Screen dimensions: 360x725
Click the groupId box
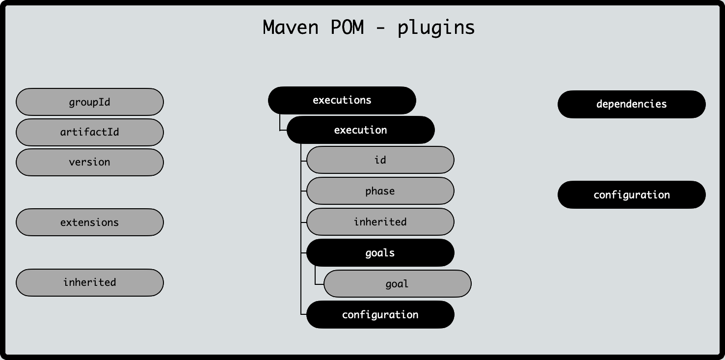(x=90, y=102)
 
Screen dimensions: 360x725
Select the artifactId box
(x=90, y=132)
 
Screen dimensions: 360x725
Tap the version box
(x=90, y=162)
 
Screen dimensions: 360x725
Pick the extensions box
(x=90, y=222)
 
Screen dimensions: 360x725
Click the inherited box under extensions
(x=90, y=282)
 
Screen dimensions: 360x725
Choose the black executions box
(x=342, y=100)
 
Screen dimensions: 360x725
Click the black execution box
(x=361, y=130)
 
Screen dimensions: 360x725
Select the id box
(x=380, y=160)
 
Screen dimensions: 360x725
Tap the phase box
(x=380, y=191)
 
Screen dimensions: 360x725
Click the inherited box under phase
(x=380, y=222)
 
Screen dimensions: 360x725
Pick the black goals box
(x=380, y=253)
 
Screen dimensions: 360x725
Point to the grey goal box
(x=398, y=284)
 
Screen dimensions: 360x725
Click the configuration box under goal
(x=380, y=315)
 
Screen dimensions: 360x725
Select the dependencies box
(x=632, y=104)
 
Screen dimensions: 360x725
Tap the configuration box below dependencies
(x=632, y=195)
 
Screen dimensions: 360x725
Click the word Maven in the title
(x=291, y=27)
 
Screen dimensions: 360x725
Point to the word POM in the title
(x=347, y=27)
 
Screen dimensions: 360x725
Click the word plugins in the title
(x=436, y=28)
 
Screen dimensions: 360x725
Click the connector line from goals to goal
(x=316, y=277)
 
